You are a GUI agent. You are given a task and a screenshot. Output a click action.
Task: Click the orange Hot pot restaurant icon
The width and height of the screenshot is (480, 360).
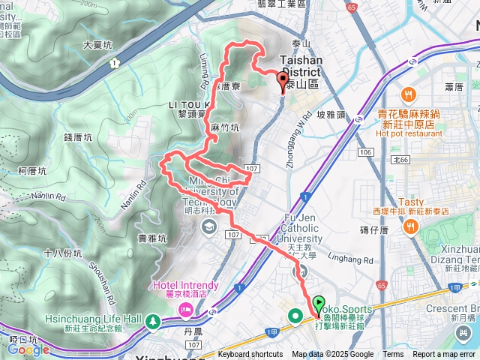click(406, 95)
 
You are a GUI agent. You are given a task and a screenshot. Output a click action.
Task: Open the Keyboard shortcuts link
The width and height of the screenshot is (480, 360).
click(250, 355)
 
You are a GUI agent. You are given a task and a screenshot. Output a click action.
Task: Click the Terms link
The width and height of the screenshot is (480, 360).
click(393, 355)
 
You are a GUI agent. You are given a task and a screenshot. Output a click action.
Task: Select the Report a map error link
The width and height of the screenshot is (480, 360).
click(444, 355)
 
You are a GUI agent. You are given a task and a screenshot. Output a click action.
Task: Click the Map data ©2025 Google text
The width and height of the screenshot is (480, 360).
click(332, 355)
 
